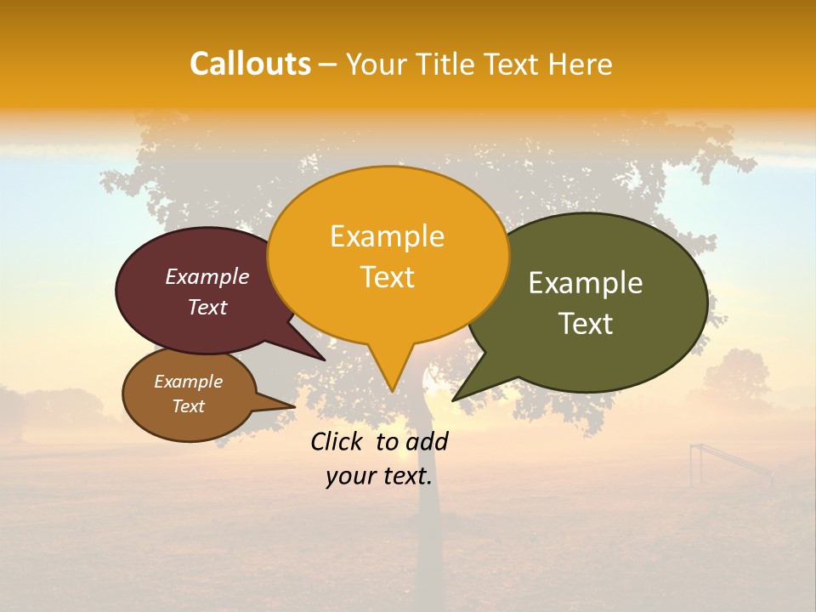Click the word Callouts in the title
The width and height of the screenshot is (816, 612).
[250, 64]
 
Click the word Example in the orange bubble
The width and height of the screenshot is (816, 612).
[387, 236]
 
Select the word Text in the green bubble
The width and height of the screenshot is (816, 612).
[586, 324]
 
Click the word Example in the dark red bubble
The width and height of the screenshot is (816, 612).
[207, 276]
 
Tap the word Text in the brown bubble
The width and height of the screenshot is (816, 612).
[188, 406]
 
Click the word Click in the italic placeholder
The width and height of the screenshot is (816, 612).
[337, 441]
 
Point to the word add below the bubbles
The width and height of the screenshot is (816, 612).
[428, 441]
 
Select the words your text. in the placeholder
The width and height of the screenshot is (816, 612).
[379, 476]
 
